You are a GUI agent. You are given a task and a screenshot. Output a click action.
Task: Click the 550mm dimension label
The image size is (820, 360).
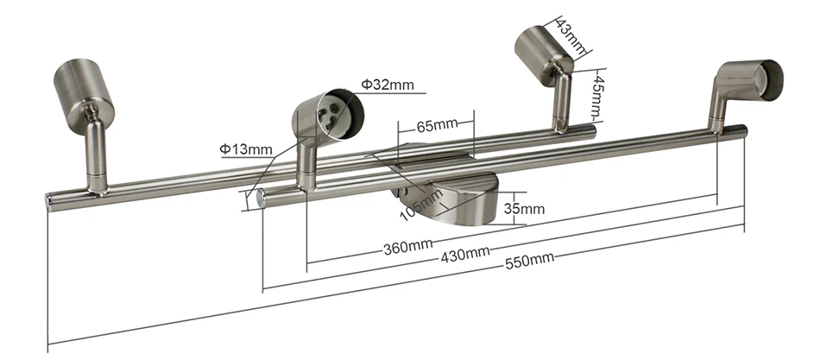click(x=529, y=261)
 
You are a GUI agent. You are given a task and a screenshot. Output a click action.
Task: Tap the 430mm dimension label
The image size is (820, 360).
click(x=465, y=255)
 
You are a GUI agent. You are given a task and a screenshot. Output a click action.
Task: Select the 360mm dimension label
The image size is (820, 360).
click(x=408, y=246)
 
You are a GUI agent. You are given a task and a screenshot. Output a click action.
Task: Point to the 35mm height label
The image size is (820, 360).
click(x=524, y=209)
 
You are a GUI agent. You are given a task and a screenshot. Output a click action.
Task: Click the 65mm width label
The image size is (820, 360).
click(x=438, y=125)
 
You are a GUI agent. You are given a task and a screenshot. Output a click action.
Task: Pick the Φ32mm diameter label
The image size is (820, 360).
click(x=388, y=85)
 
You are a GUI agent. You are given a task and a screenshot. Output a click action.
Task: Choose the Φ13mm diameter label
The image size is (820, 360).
click(x=246, y=149)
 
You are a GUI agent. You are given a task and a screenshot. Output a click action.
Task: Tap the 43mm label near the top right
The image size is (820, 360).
click(x=571, y=35)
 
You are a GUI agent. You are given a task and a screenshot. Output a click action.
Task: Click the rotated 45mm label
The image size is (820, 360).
click(x=598, y=98)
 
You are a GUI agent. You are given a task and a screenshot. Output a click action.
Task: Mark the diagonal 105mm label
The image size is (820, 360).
click(x=421, y=205)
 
